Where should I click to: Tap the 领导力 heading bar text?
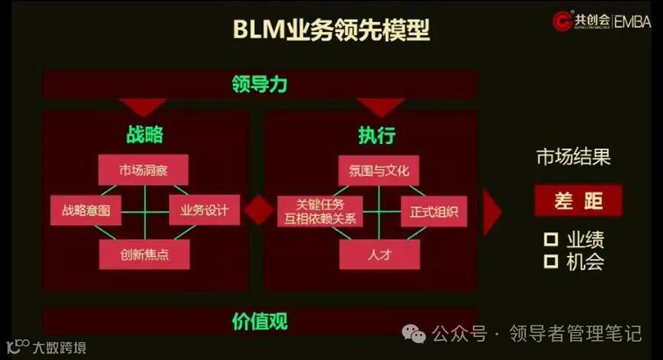pyautogui.click(x=259, y=83)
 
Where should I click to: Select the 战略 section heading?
pyautogui.click(x=145, y=135)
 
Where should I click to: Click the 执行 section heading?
pyautogui.click(x=377, y=136)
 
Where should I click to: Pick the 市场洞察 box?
pyautogui.click(x=143, y=170)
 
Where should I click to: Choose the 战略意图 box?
pyautogui.click(x=86, y=210)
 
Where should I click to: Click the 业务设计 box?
pyautogui.click(x=204, y=210)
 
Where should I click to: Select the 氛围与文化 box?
pyautogui.click(x=379, y=170)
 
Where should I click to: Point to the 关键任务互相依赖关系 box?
pyautogui.click(x=320, y=210)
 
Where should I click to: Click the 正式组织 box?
pyautogui.click(x=434, y=210)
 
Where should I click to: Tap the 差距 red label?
pyautogui.click(x=579, y=201)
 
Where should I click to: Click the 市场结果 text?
pyautogui.click(x=573, y=158)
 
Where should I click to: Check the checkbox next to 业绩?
pyautogui.click(x=550, y=240)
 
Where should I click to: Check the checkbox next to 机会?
pyautogui.click(x=550, y=262)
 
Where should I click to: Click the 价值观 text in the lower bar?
pyautogui.click(x=260, y=322)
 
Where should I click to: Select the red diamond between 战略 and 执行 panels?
pyautogui.click(x=258, y=210)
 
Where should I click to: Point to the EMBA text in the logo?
pyautogui.click(x=632, y=21)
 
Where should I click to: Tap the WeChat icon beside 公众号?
pyautogui.click(x=416, y=334)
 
